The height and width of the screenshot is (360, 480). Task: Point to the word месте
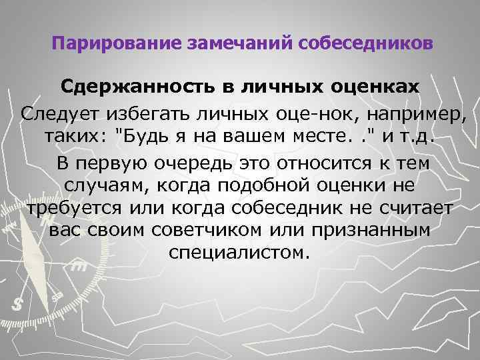(313, 138)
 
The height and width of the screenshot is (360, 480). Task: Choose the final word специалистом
(239, 253)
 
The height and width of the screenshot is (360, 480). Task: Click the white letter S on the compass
(18, 302)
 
